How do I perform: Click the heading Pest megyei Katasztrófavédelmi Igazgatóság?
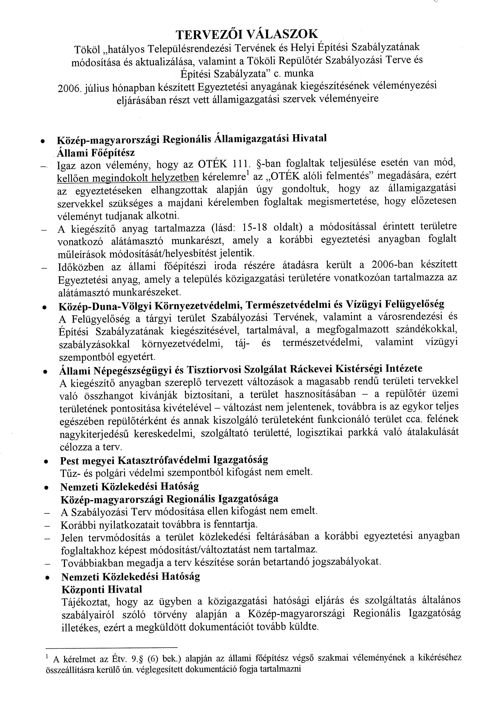pyautogui.click(x=164, y=460)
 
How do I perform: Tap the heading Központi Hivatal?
pyautogui.click(x=102, y=589)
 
